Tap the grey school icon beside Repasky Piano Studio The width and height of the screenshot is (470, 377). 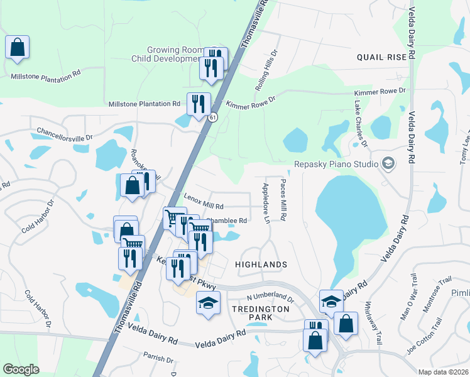pos(388,164)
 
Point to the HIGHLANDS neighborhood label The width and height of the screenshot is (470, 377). pos(261,265)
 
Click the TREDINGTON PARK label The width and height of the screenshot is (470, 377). pos(260,313)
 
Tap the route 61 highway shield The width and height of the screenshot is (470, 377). pos(214,117)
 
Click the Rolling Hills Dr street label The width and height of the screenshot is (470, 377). pos(265,69)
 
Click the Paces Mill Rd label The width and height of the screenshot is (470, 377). pos(283,200)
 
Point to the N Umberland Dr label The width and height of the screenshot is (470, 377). pos(270,296)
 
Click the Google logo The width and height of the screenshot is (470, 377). pos(21,369)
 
